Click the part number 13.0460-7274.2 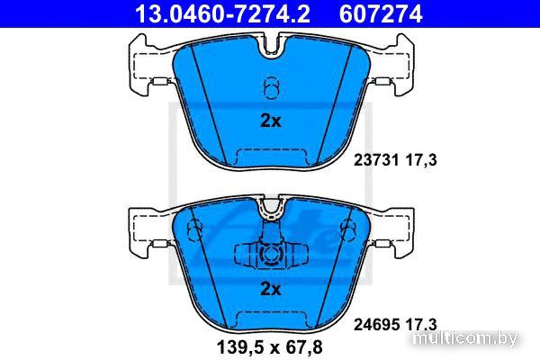pyautogui.click(x=223, y=13)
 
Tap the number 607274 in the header pyautogui.click(x=381, y=13)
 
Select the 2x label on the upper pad pyautogui.click(x=271, y=121)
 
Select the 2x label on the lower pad pyautogui.click(x=271, y=289)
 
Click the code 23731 pyautogui.click(x=376, y=160)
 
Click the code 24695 pyautogui.click(x=376, y=325)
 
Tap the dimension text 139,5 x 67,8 pyautogui.click(x=270, y=347)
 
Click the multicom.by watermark pyautogui.click(x=465, y=338)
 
